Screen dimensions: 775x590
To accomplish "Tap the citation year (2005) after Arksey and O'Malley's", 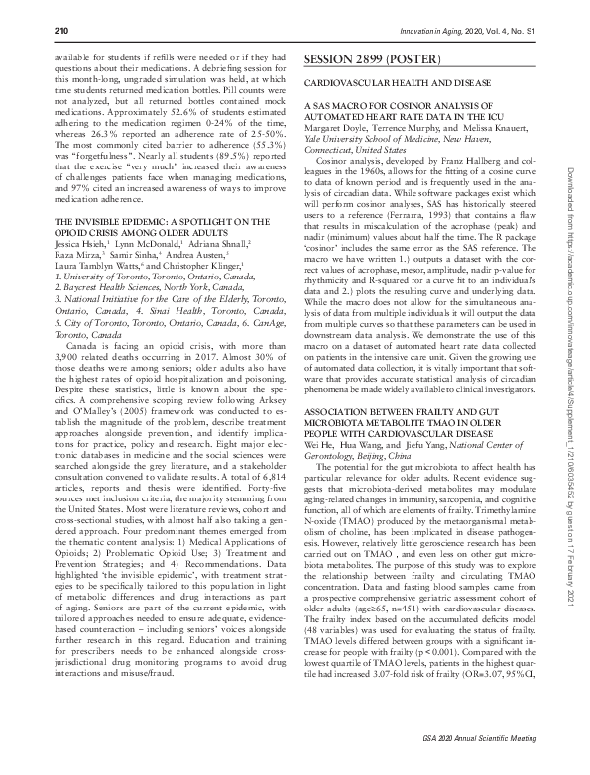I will pyautogui.click(x=160, y=403).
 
